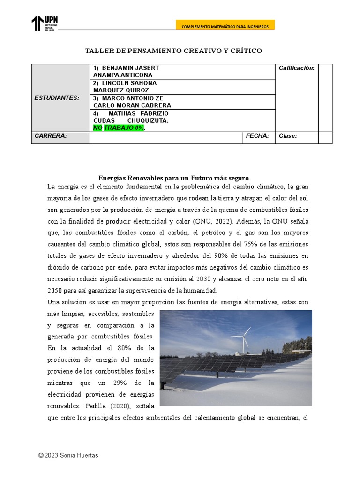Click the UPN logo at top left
[45, 23]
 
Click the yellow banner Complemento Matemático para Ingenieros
[225, 27]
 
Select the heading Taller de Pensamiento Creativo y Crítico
[173, 51]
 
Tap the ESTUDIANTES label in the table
[57, 98]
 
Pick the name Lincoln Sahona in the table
[125, 83]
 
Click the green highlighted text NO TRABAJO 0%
[119, 128]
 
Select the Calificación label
[296, 68]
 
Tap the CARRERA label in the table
[51, 136]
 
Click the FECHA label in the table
[257, 136]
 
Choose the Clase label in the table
[288, 136]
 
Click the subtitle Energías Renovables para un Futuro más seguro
[173, 178]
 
